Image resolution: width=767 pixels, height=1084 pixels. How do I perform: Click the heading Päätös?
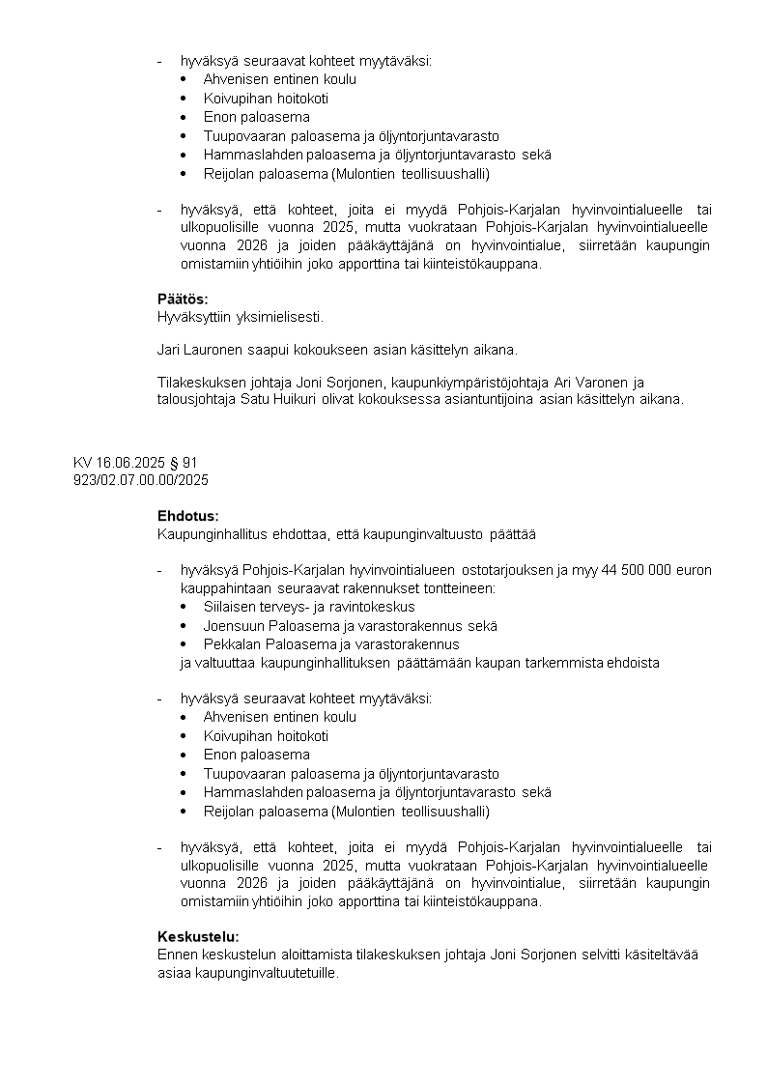(183, 300)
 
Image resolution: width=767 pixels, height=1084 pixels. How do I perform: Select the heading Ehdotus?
(188, 517)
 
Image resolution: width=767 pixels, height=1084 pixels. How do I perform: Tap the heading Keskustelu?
(198, 936)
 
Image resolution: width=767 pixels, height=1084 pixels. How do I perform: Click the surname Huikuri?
(281, 399)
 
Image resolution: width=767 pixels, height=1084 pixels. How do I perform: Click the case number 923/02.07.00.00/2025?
(141, 479)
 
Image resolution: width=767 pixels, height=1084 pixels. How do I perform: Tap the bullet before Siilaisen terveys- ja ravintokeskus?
(184, 607)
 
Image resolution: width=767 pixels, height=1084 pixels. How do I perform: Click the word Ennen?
(176, 955)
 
